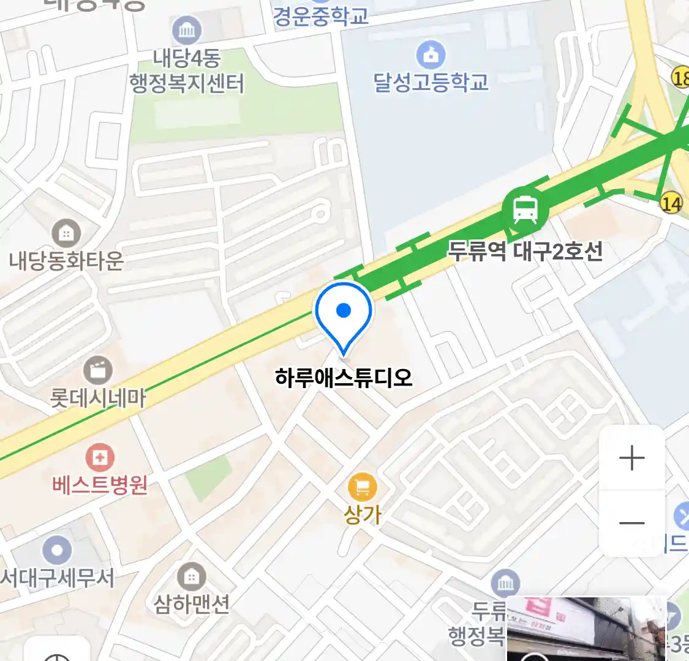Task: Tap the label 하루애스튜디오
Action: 344,377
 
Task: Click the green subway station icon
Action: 525,210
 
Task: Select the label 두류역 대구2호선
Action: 525,251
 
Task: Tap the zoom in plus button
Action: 631,458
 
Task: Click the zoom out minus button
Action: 631,523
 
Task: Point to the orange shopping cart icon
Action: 362,488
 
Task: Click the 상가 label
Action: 362,514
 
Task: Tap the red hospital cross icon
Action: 99,458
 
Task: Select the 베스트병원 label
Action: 99,485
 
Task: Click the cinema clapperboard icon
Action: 98,370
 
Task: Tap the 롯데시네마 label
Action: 98,398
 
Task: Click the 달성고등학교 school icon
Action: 431,54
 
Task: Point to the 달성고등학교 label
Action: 431,81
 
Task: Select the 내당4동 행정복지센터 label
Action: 187,71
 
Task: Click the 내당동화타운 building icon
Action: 66,233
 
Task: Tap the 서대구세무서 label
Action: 56,577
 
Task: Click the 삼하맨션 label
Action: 191,605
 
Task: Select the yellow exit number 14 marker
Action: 671,203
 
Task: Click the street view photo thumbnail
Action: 586,629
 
